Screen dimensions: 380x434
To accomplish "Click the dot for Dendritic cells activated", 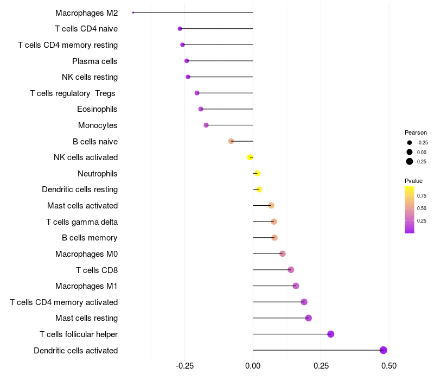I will click(384, 350).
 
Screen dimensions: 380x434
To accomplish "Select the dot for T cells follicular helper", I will click(331, 334).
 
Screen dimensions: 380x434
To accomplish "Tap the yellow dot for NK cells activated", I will click(250, 157).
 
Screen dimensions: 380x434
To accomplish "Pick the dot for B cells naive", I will click(231, 141).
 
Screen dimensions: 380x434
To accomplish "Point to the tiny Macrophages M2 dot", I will click(133, 12).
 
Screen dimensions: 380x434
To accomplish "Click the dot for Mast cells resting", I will click(309, 318).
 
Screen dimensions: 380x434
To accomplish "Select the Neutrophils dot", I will click(258, 174).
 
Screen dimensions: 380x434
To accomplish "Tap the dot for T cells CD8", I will click(291, 270).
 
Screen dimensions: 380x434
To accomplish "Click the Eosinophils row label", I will click(97, 109).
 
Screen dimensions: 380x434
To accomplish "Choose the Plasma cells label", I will click(95, 61).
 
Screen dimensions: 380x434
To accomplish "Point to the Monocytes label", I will click(98, 125).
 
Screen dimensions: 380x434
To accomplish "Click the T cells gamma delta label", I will click(82, 221).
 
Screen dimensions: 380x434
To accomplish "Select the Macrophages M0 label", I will click(86, 254).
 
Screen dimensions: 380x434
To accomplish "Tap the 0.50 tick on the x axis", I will click(389, 366).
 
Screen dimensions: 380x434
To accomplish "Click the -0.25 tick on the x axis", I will click(184, 366).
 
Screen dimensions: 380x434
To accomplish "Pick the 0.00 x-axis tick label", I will click(253, 366).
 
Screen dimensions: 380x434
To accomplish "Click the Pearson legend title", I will click(416, 132).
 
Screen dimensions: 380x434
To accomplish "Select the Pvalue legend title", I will click(413, 181).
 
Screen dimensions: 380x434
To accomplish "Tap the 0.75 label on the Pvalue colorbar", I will click(422, 195).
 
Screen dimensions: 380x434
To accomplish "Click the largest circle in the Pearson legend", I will click(410, 161).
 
